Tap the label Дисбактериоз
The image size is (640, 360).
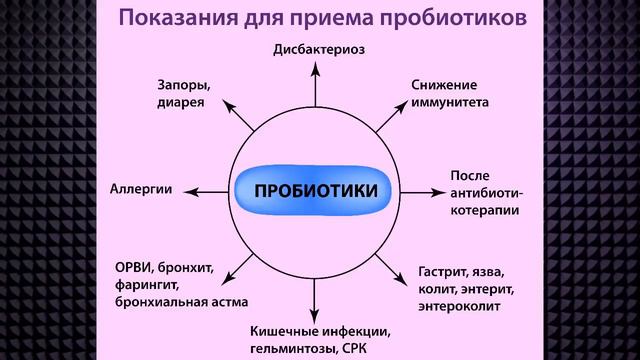coord(317,48)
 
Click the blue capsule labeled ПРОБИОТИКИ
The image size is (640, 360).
coord(313,189)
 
